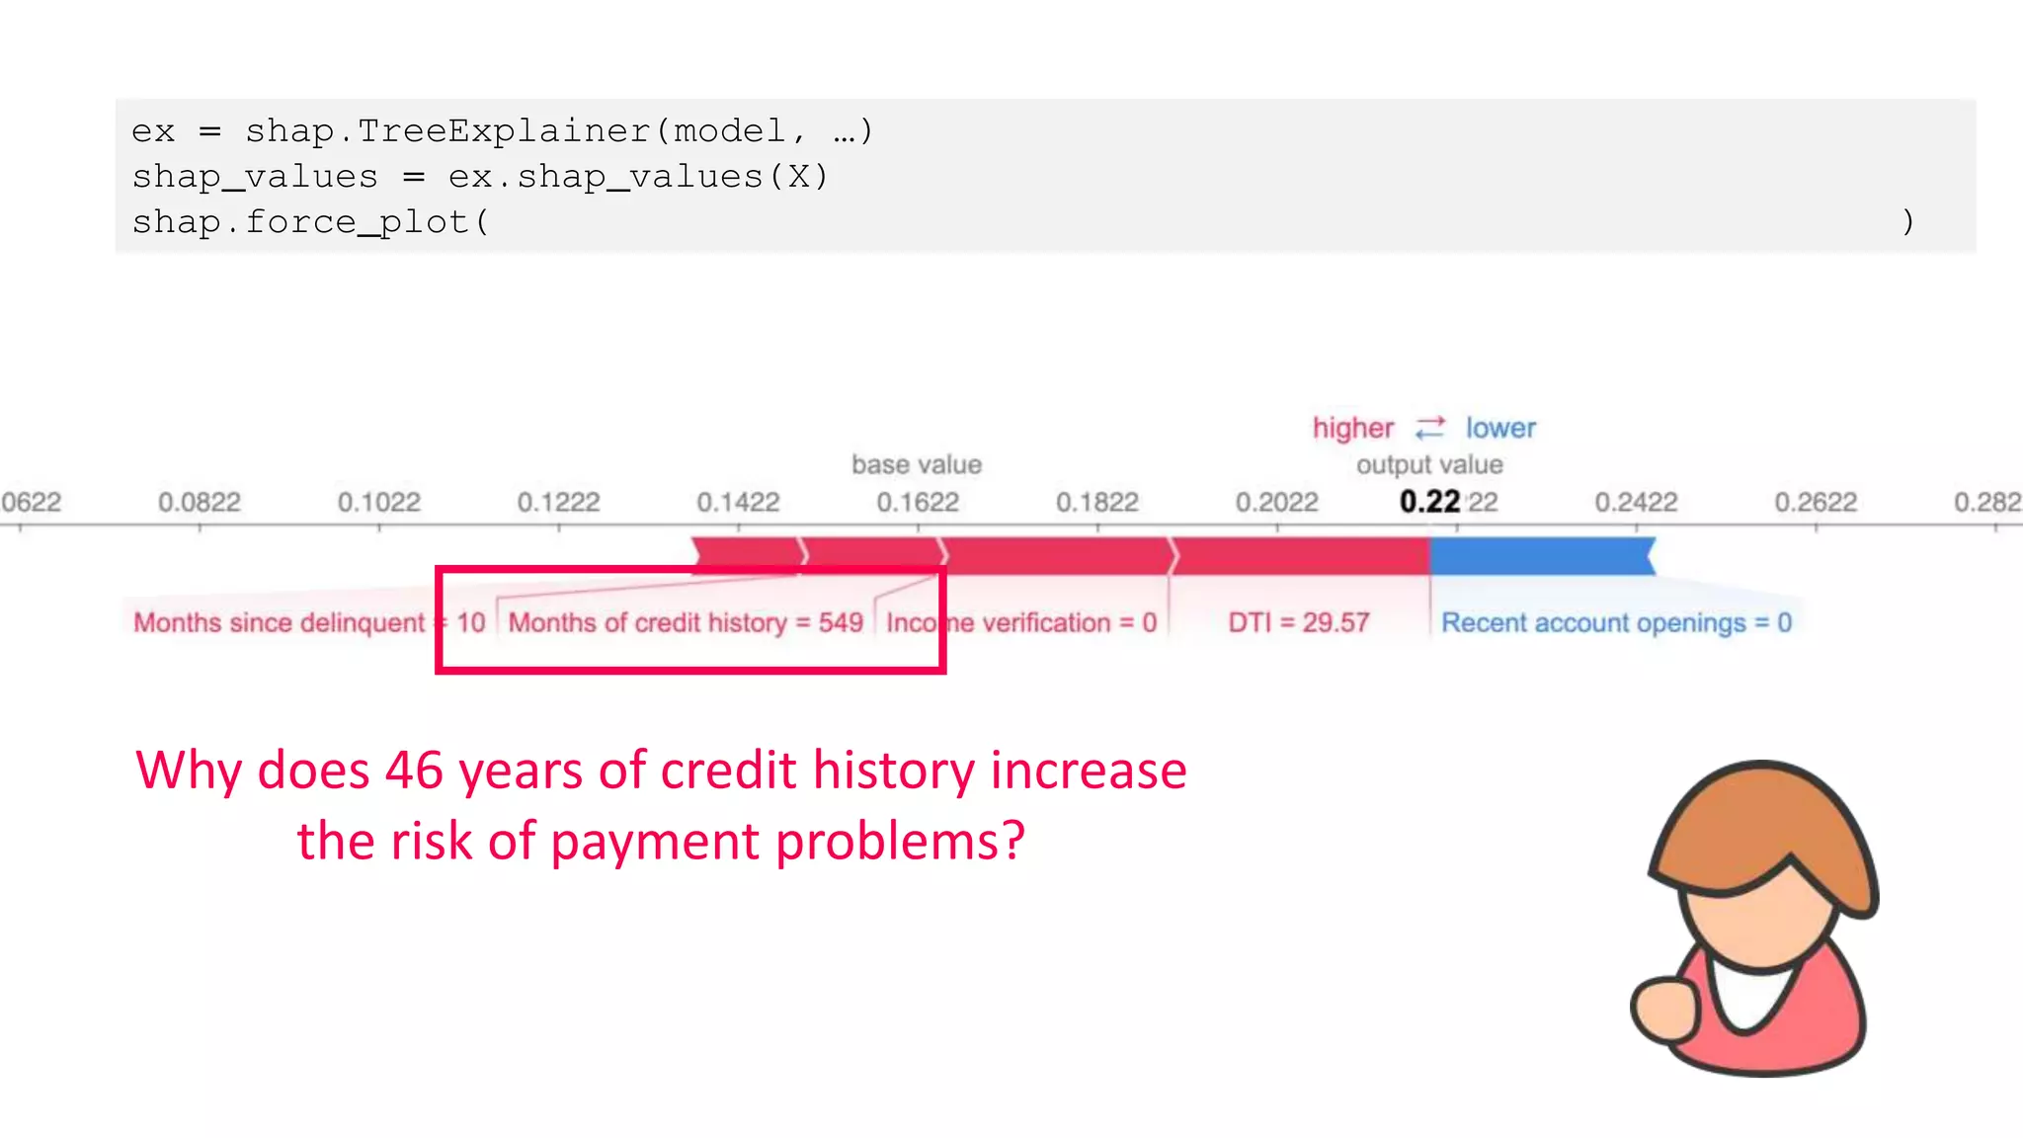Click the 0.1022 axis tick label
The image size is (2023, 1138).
coord(379,502)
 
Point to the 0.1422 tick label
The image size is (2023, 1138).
coord(738,502)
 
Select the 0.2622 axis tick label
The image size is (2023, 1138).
coord(1816,502)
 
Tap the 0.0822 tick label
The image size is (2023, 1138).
coord(200,502)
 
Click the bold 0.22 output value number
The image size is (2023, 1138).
coord(1429,502)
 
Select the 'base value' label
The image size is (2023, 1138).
coord(917,464)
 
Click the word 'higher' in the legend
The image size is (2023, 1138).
coord(1352,428)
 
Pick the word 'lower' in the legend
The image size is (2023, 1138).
coord(1500,428)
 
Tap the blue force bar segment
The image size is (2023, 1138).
coord(1541,556)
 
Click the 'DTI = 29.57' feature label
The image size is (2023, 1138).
coord(1299,622)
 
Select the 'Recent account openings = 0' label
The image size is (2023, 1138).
coord(1616,622)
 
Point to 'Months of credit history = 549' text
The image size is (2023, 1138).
coord(686,622)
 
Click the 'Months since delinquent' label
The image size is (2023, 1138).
coord(279,622)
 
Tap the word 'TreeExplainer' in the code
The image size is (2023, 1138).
coord(505,130)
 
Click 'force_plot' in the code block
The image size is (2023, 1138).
coord(357,222)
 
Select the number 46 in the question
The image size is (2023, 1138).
coord(414,770)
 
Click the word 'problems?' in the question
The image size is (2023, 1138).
coord(900,841)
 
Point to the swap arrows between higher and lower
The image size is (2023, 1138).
coord(1430,428)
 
